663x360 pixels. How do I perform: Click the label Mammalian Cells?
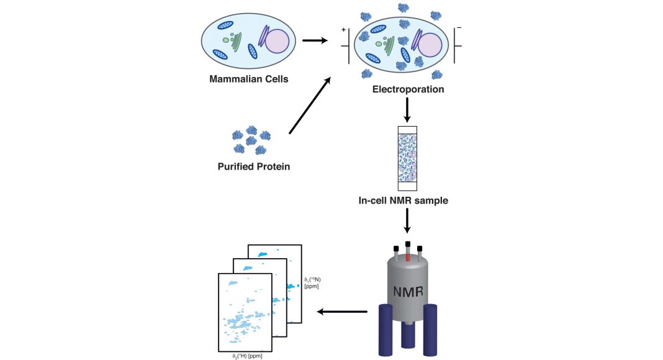[x=248, y=79]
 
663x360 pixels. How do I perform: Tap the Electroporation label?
[x=408, y=89]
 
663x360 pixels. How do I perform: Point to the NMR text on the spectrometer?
[x=408, y=290]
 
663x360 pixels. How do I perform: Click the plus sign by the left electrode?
[x=341, y=30]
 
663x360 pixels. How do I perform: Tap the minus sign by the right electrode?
[x=458, y=29]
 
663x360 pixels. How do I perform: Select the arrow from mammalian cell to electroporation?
[x=315, y=42]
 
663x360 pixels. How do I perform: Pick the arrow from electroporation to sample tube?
[x=408, y=110]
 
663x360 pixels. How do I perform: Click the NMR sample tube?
[x=408, y=158]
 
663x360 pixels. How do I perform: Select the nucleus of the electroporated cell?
[x=430, y=45]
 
